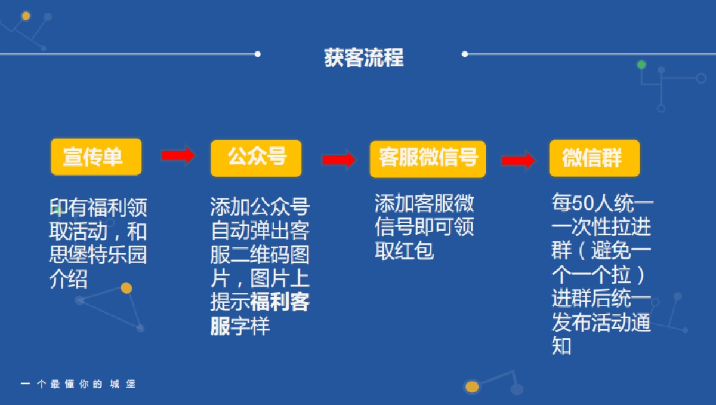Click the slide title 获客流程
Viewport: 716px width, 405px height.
363,58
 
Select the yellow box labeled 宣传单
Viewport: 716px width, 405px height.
96,157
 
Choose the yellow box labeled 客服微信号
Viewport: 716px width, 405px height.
428,159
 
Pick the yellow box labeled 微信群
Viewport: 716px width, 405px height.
594,158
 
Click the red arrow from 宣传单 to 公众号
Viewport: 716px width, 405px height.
178,155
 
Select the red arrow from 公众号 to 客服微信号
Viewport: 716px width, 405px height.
338,159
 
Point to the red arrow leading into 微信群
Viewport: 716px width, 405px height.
517,160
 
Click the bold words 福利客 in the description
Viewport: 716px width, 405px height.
280,303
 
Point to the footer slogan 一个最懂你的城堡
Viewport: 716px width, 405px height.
78,384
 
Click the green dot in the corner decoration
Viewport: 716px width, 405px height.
641,65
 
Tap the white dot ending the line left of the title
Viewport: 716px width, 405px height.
257,54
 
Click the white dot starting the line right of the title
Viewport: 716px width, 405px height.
465,54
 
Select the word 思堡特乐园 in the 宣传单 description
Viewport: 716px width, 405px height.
98,255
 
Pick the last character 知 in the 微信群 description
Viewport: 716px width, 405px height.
561,346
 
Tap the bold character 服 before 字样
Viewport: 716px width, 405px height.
220,327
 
